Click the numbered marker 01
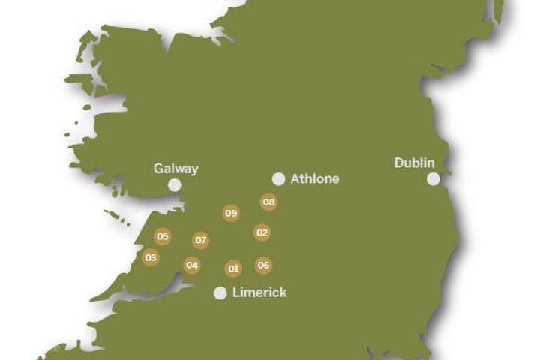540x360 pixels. (233, 268)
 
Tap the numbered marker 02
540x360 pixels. (262, 232)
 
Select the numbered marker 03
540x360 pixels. (151, 257)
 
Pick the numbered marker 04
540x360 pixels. (192, 265)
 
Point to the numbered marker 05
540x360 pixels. (163, 236)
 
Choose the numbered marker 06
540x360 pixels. (263, 265)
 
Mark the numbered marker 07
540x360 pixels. (200, 240)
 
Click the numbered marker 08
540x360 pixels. (269, 202)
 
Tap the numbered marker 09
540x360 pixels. (231, 213)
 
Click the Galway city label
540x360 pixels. (176, 169)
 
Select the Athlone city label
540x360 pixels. (315, 179)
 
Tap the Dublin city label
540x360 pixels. (415, 163)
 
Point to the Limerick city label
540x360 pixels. (259, 292)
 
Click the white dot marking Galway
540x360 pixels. (175, 185)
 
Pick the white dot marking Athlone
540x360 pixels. (279, 179)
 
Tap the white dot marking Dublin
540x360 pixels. (433, 178)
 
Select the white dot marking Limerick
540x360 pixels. (220, 293)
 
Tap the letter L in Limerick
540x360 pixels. (235, 292)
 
